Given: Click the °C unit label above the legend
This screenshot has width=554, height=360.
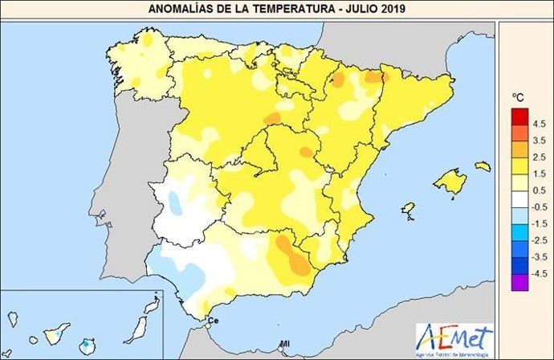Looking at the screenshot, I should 518,97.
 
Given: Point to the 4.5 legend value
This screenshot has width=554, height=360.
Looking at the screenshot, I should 539,123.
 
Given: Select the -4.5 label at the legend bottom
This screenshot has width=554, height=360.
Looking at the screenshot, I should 538,274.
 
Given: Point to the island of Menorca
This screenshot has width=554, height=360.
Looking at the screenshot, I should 482,166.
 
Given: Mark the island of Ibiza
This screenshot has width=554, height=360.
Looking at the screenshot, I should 408,211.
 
